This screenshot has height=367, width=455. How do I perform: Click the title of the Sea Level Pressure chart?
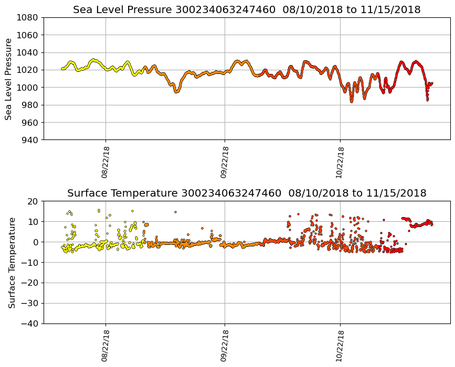pos(247,10)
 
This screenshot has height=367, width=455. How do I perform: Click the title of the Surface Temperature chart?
pos(247,193)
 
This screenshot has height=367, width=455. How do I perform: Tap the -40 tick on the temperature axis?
pos(29,323)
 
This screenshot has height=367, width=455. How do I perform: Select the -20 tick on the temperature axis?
pos(29,283)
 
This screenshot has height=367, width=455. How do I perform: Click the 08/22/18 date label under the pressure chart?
pos(105,162)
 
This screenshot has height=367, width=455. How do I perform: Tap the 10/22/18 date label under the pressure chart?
pos(340,162)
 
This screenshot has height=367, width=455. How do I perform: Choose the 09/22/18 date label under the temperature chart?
pos(225,346)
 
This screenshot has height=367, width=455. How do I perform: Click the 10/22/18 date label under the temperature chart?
pos(340,346)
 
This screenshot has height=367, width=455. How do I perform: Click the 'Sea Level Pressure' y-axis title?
pos(9,79)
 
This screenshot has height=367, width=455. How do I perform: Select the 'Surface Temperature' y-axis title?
pos(12,262)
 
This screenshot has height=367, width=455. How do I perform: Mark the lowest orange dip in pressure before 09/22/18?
pos(177,91)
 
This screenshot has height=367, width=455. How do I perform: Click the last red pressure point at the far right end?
pos(431,83)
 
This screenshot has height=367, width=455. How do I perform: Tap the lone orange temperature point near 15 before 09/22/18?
pos(175,212)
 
